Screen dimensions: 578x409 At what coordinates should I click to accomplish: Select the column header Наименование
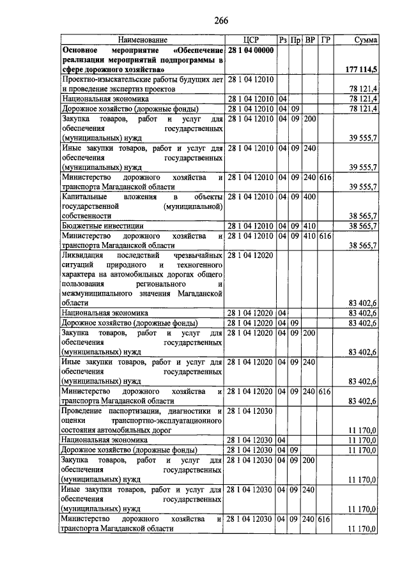coord(141,40)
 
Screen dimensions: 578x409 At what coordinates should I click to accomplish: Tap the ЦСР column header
coord(250,40)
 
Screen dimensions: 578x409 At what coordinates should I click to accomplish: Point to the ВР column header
coord(309,40)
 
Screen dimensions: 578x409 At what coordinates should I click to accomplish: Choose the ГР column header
coord(325,40)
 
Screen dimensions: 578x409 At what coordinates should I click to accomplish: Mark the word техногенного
coord(192,264)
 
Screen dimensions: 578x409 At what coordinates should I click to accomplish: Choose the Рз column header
coord(282,40)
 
